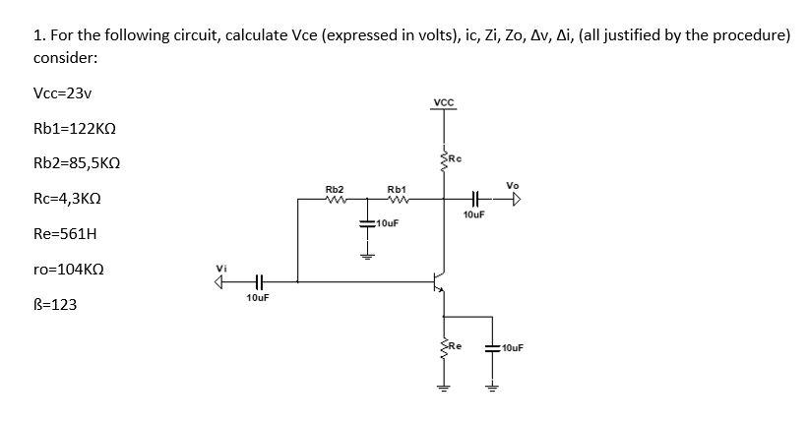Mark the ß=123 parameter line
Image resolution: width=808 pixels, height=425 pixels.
tap(55, 304)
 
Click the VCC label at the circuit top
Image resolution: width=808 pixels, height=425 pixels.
tap(443, 103)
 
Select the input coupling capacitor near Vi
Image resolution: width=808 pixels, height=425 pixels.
tap(257, 279)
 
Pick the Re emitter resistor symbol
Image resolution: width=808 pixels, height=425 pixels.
tap(444, 347)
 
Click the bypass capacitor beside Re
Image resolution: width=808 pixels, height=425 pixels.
tap(491, 347)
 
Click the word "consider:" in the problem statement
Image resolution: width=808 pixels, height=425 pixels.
tap(65, 58)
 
